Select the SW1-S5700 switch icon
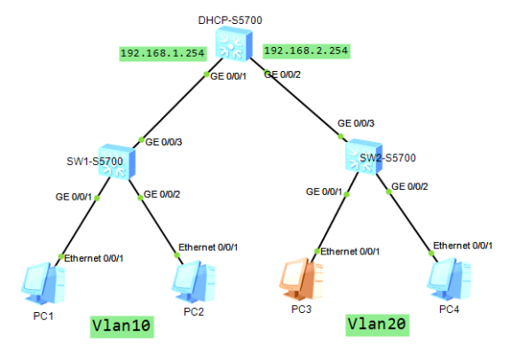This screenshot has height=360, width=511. tap(116, 162)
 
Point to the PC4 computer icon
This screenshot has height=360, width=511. tap(447, 278)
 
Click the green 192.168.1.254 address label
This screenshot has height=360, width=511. tap(163, 53)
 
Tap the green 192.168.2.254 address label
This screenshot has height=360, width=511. tap(305, 51)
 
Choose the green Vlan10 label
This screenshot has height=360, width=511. tap(122, 326)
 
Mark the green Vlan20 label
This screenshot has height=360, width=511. tap(377, 325)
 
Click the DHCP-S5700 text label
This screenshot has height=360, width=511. tap(236, 19)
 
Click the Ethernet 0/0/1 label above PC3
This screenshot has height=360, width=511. tap(350, 251)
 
